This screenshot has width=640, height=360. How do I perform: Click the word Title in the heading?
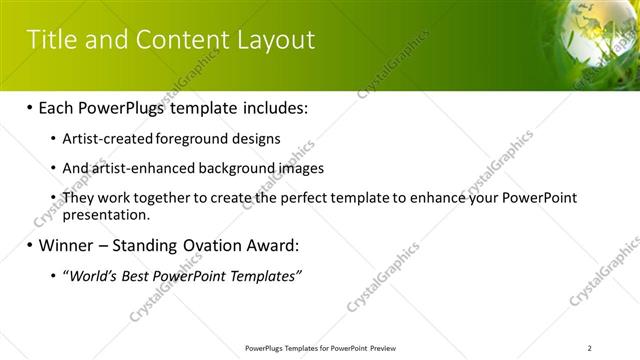coord(53,40)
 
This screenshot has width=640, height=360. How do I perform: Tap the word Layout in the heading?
coord(274,40)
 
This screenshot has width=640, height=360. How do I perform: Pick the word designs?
coord(256,138)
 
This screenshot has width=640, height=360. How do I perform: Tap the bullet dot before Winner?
coord(29,245)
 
